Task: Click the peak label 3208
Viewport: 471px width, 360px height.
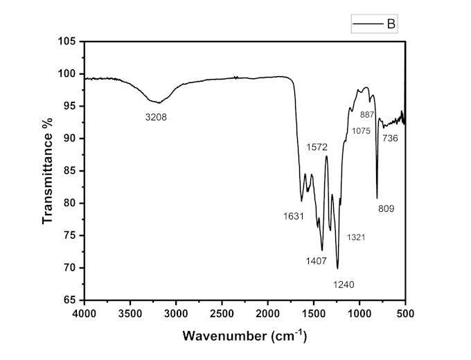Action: [x=156, y=117]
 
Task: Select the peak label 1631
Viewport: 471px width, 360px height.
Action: [x=294, y=216]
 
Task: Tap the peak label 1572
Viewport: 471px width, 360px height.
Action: [x=317, y=147]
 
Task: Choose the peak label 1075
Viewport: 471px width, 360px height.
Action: [x=361, y=130]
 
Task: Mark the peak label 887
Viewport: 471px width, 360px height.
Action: [x=368, y=114]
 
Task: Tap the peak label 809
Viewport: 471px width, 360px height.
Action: [x=386, y=208]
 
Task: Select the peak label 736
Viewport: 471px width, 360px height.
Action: [x=390, y=138]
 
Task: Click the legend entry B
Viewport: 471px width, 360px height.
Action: [x=390, y=25]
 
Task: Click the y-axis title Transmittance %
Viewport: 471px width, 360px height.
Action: [x=48, y=170]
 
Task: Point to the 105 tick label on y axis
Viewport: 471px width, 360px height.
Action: [x=66, y=42]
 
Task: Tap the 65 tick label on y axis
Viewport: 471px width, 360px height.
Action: [x=69, y=300]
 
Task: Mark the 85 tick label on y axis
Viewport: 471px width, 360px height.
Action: [x=69, y=171]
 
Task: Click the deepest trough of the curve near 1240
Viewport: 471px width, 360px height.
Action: [x=337, y=268]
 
